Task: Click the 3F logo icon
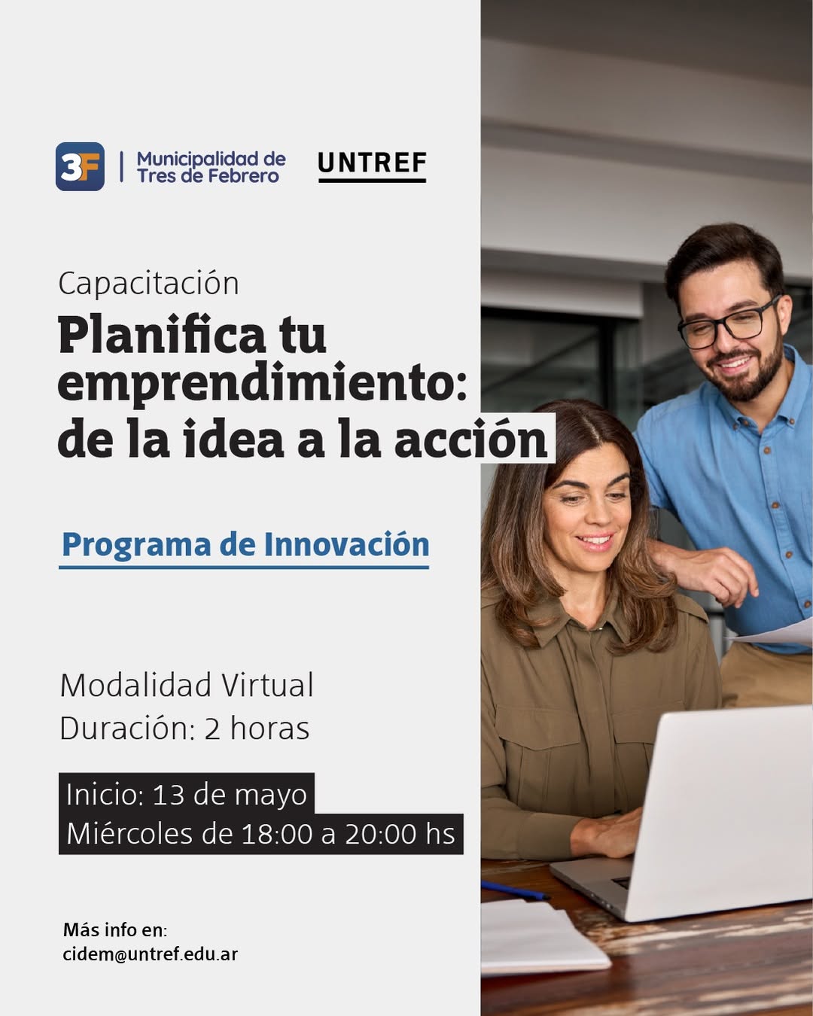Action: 80,166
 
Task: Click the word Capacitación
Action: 148,284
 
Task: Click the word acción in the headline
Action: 471,438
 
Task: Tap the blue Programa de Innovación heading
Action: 245,544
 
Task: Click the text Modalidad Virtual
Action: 187,685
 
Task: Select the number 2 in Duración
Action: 212,729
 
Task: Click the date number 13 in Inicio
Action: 168,794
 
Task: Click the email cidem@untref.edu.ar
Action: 151,954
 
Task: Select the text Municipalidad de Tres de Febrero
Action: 212,167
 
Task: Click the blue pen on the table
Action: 516,890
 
